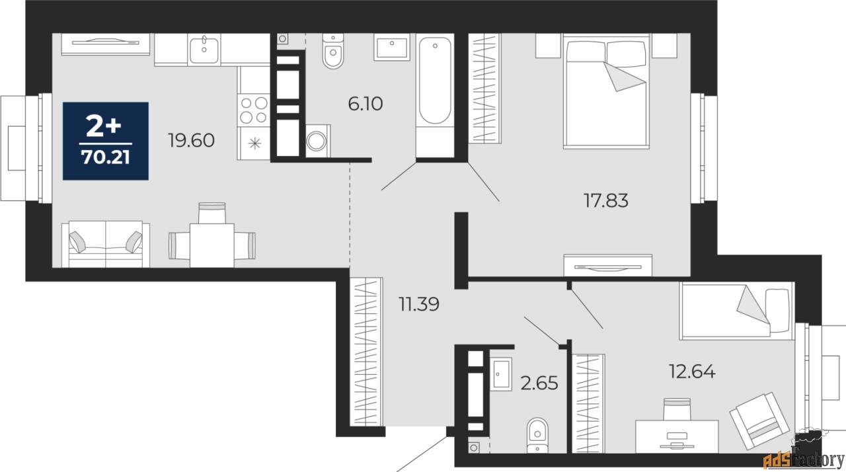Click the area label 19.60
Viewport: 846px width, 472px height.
pos(192,140)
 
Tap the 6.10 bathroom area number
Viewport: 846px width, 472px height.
pos(365,104)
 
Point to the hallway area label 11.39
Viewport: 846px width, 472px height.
pos(419,304)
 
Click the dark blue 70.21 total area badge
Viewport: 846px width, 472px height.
pos(106,141)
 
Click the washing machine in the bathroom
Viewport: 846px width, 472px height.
pos(319,142)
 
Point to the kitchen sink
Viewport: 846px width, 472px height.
pos(204,50)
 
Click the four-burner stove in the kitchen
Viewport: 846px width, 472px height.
pos(254,110)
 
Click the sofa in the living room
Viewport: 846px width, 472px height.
pos(106,245)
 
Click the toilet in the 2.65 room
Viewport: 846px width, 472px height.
pos(537,436)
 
